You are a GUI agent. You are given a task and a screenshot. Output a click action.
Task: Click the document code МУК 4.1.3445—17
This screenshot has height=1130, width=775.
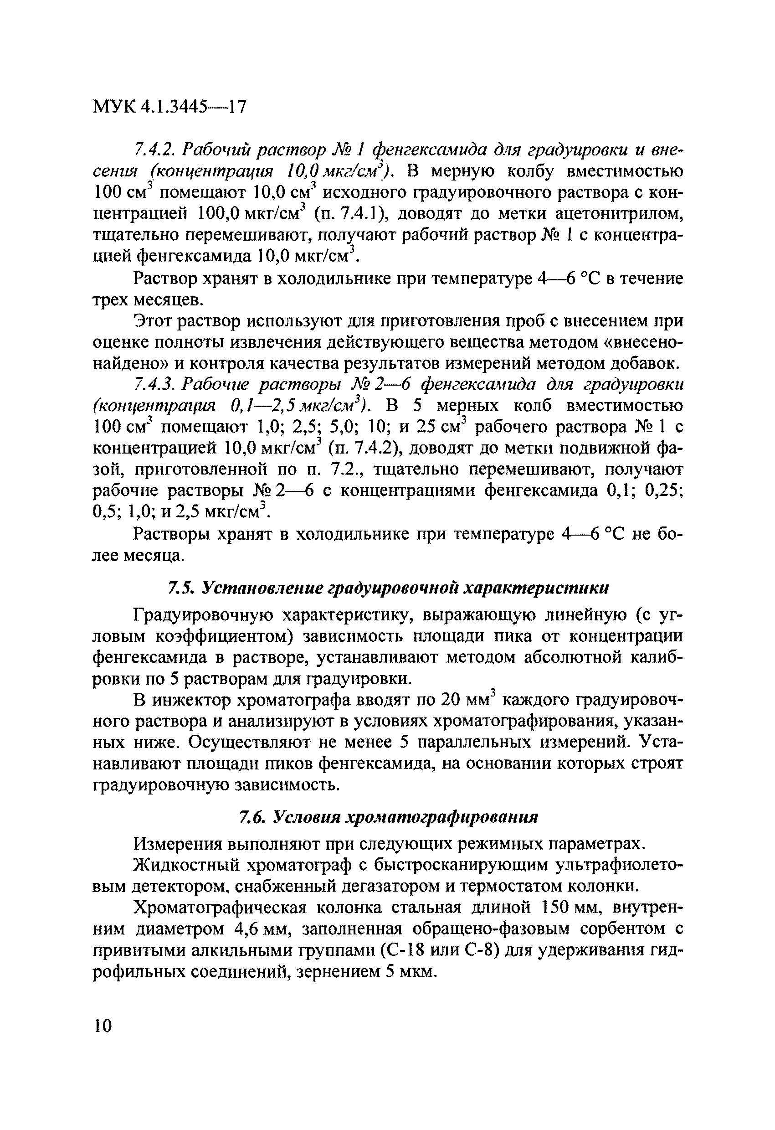[169, 107]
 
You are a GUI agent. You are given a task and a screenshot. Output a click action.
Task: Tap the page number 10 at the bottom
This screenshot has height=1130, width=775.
[103, 1026]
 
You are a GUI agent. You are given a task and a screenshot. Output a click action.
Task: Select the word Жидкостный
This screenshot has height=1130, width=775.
[187, 866]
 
